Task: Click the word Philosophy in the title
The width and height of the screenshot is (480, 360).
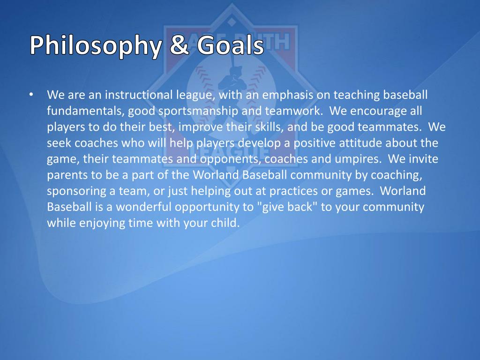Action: coord(96,46)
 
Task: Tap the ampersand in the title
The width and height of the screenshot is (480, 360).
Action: coord(180,45)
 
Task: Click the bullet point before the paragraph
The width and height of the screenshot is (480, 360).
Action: coord(31,95)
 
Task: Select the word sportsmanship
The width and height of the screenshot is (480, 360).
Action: coord(198,111)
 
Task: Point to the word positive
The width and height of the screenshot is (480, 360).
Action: coord(315,143)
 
